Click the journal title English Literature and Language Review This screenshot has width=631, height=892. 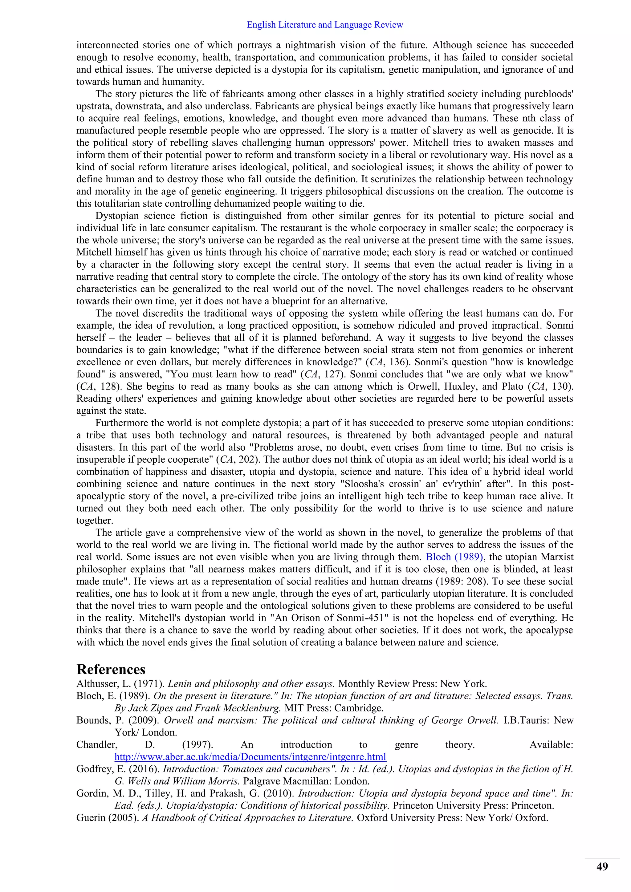point(325,25)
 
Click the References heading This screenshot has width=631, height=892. point(111,669)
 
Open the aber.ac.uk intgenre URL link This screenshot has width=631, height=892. point(250,757)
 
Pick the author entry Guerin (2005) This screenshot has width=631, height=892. point(108,818)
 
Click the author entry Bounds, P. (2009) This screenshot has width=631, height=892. point(118,720)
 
